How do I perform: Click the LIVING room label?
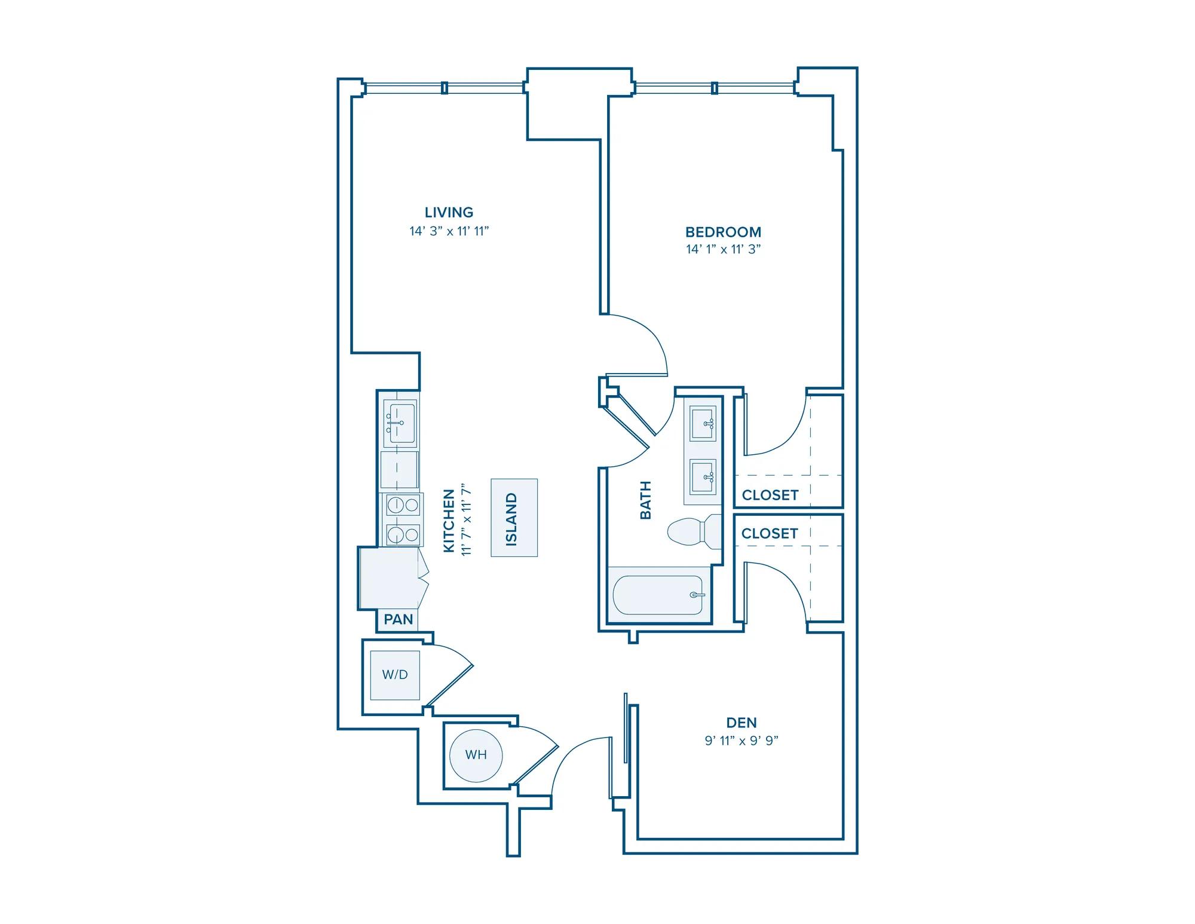(x=449, y=212)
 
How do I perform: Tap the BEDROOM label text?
(x=723, y=232)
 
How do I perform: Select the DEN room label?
(x=741, y=723)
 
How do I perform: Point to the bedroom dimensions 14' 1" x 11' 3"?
(x=723, y=249)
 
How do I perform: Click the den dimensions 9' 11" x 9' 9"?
(x=741, y=741)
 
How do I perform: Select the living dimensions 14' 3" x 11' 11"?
(x=449, y=231)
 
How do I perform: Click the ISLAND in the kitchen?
(x=514, y=518)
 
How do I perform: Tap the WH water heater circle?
(x=476, y=755)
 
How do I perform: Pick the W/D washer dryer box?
(x=395, y=675)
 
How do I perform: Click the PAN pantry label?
(x=399, y=619)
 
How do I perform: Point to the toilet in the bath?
(x=694, y=531)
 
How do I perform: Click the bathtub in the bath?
(x=658, y=595)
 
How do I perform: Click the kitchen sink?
(x=400, y=423)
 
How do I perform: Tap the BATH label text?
(x=645, y=500)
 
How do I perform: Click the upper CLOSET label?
(x=770, y=495)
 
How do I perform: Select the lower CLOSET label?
(x=770, y=533)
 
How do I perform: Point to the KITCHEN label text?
(x=449, y=521)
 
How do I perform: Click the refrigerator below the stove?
(x=388, y=579)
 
